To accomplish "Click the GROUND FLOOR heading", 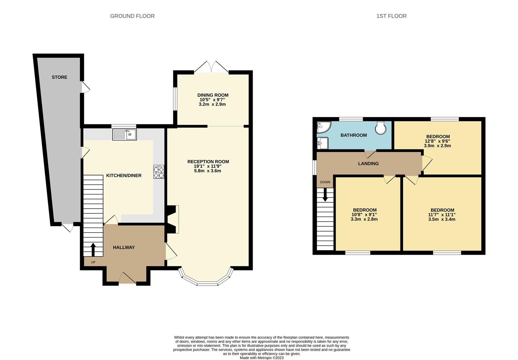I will pyautogui.click(x=132, y=16).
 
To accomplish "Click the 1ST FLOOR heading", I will pyautogui.click(x=391, y=16).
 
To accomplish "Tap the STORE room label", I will pyautogui.click(x=59, y=77).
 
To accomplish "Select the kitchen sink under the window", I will pyautogui.click(x=124, y=135).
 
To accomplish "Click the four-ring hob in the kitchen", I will pyautogui.click(x=159, y=172).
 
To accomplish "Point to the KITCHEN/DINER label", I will pyautogui.click(x=124, y=176).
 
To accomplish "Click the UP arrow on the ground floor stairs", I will pyautogui.click(x=93, y=249).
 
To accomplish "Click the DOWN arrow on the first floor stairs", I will pyautogui.click(x=325, y=196).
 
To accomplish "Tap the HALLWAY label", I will pyautogui.click(x=124, y=247).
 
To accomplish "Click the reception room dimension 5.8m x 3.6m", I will pyautogui.click(x=208, y=171).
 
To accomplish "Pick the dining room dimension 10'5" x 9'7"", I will pyautogui.click(x=213, y=100).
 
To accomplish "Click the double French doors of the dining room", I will pyautogui.click(x=211, y=67).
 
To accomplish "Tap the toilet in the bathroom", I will pyautogui.click(x=380, y=128).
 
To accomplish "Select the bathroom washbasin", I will pyautogui.click(x=322, y=143).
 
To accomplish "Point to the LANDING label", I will pyautogui.click(x=368, y=164).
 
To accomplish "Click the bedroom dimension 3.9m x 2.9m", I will pyautogui.click(x=437, y=146).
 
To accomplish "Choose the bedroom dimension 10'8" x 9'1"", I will pyautogui.click(x=364, y=215).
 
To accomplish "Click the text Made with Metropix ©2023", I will pyautogui.click(x=262, y=358).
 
